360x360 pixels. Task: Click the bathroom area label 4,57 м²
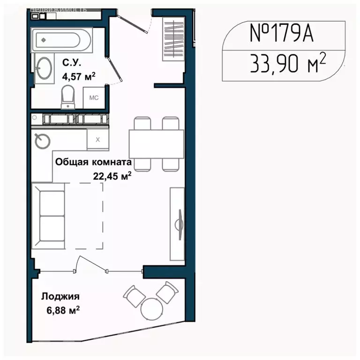coord(79,76)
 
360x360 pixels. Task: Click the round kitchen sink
coord(43,140)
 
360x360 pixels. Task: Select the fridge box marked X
coord(98,139)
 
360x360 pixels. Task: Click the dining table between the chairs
coord(156,144)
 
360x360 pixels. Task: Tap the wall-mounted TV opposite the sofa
coord(179,224)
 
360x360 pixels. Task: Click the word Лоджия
coord(60,296)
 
